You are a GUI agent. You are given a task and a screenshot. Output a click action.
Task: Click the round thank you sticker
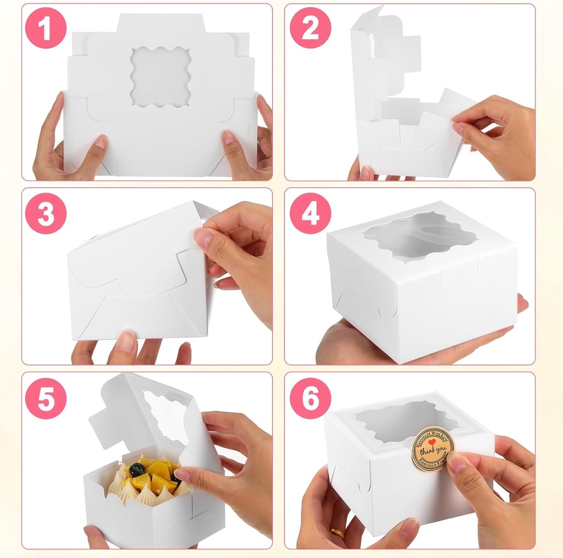pos(433,449)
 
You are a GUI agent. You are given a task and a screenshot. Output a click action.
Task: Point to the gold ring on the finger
pos(337,533)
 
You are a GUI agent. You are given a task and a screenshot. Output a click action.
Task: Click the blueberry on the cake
pos(137,469)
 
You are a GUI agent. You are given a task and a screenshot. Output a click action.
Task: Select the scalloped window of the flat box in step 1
pos(161,76)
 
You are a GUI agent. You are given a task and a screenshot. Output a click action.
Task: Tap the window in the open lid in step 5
pos(165,416)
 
